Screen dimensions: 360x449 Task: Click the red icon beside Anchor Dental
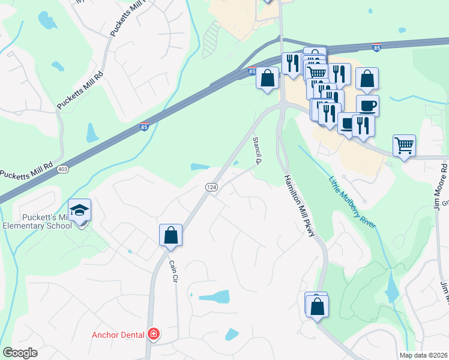coord(154,334)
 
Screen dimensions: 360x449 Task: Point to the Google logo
coord(20,353)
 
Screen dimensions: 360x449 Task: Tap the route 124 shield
coord(211,188)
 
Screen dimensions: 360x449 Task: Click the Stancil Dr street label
coord(257,150)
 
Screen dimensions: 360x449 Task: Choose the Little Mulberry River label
coord(352,202)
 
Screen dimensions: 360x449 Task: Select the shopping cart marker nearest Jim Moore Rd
coord(404,145)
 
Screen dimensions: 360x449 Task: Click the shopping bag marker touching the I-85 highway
coord(268,78)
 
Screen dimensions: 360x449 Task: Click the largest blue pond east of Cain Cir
coord(214,296)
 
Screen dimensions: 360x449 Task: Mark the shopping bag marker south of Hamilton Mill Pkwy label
coord(316,307)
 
